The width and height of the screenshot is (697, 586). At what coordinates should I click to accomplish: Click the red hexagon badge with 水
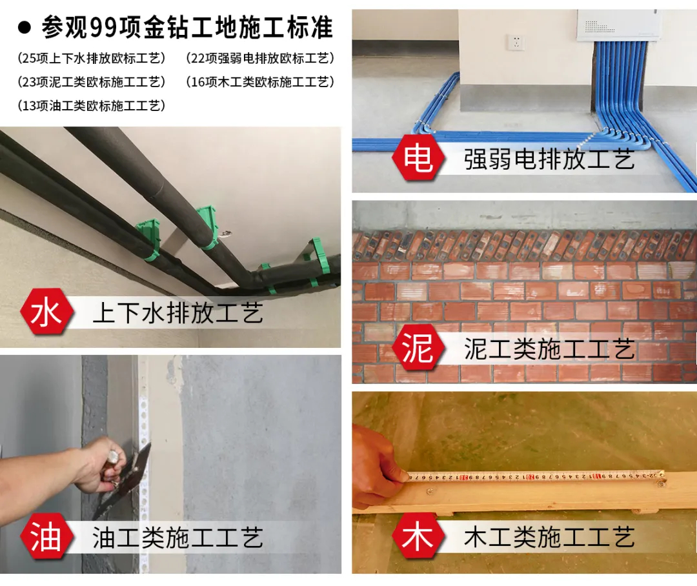point(46,312)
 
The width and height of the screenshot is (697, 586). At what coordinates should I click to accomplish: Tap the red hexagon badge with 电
point(418,158)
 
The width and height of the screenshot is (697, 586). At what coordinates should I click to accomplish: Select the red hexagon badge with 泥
point(418,347)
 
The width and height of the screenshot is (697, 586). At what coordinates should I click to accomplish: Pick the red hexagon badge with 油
point(46,536)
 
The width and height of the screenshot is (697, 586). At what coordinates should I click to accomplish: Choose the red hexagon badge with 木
point(418,536)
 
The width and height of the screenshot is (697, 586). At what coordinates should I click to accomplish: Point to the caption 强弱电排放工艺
point(549,159)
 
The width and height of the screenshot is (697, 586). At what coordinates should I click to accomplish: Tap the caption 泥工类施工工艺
point(549,349)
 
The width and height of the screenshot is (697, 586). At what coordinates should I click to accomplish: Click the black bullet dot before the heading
point(25,28)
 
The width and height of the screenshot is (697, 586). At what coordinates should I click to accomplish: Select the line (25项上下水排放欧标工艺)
point(92,58)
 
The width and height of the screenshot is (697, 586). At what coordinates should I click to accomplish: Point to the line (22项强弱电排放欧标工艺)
point(260,58)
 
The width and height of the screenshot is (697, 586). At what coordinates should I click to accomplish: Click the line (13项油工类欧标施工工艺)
point(92,106)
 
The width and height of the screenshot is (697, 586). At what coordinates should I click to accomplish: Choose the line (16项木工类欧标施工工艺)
point(260,82)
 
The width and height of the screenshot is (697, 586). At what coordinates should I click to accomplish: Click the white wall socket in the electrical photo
point(516,43)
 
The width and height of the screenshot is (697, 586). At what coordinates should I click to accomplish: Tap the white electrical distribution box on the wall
point(618,25)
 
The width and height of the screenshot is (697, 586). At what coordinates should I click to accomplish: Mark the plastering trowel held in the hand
point(122,480)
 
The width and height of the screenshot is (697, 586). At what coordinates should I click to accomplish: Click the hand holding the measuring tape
point(378,467)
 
